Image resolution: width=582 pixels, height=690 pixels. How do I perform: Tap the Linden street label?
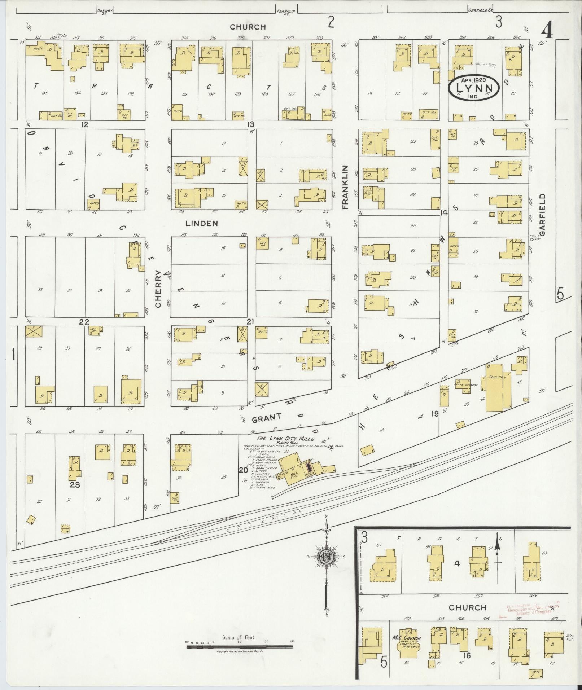coord(202,224)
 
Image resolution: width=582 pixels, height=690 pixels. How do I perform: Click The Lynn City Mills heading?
coord(285,439)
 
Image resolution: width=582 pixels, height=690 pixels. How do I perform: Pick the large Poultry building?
coord(497,388)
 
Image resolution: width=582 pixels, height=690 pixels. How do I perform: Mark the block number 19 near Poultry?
coord(435,414)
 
